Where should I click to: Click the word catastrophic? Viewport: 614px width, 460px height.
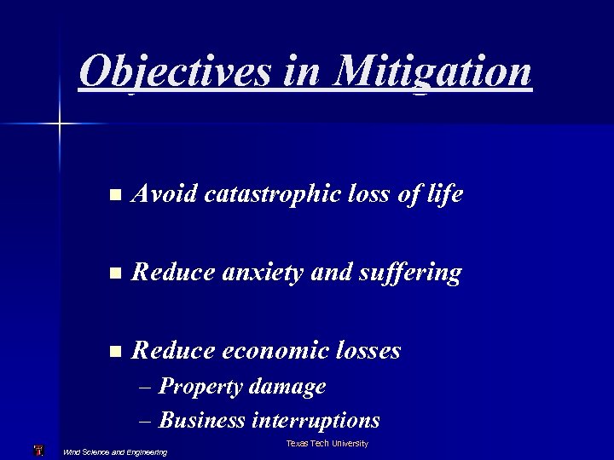point(273,195)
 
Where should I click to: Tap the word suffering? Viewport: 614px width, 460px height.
point(410,273)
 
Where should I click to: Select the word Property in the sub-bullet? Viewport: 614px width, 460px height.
point(201,387)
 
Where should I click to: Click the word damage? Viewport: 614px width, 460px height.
point(288,387)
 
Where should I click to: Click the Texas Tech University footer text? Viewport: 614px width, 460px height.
point(327,444)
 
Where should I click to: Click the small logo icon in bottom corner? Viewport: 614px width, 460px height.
point(38,451)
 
